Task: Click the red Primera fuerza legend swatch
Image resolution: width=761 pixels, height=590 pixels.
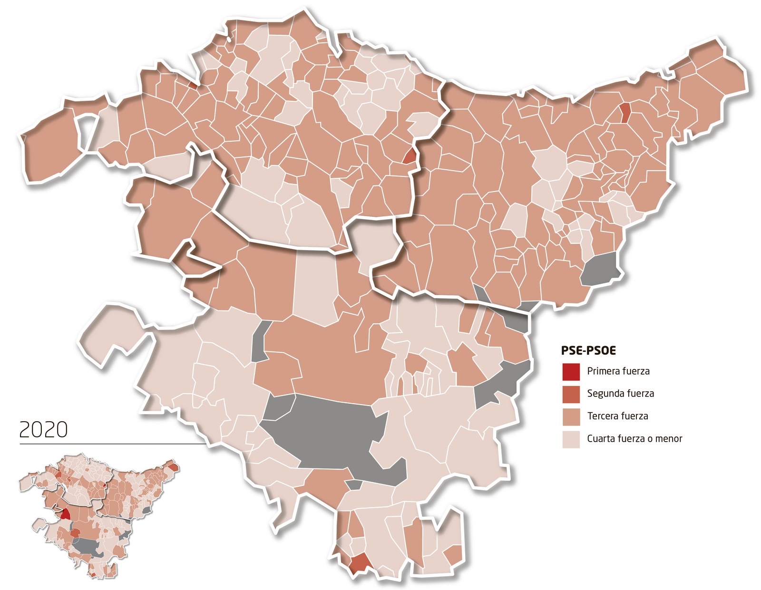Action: [x=571, y=372]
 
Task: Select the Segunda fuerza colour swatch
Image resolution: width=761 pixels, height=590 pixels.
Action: [x=571, y=394]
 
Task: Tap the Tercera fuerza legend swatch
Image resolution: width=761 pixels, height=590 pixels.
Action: [x=571, y=416]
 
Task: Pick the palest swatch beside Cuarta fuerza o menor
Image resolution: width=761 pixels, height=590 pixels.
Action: [x=571, y=439]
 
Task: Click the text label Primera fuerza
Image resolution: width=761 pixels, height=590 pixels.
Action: [x=618, y=371]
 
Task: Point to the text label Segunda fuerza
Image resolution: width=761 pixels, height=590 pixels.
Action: [x=620, y=394]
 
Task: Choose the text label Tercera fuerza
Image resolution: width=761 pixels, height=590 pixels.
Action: [x=617, y=416]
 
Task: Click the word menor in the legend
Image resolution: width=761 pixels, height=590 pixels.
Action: [x=669, y=439]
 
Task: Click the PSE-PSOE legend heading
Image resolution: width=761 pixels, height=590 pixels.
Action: [x=588, y=351]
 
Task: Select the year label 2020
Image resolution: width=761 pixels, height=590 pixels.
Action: [x=43, y=430]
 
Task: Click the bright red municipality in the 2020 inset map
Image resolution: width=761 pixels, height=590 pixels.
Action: [x=65, y=513]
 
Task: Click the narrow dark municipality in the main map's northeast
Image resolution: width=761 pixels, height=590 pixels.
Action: [x=625, y=112]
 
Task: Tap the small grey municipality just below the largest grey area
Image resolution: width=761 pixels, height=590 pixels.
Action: [x=353, y=485]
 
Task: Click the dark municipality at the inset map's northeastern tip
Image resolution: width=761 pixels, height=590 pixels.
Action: [x=174, y=467]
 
